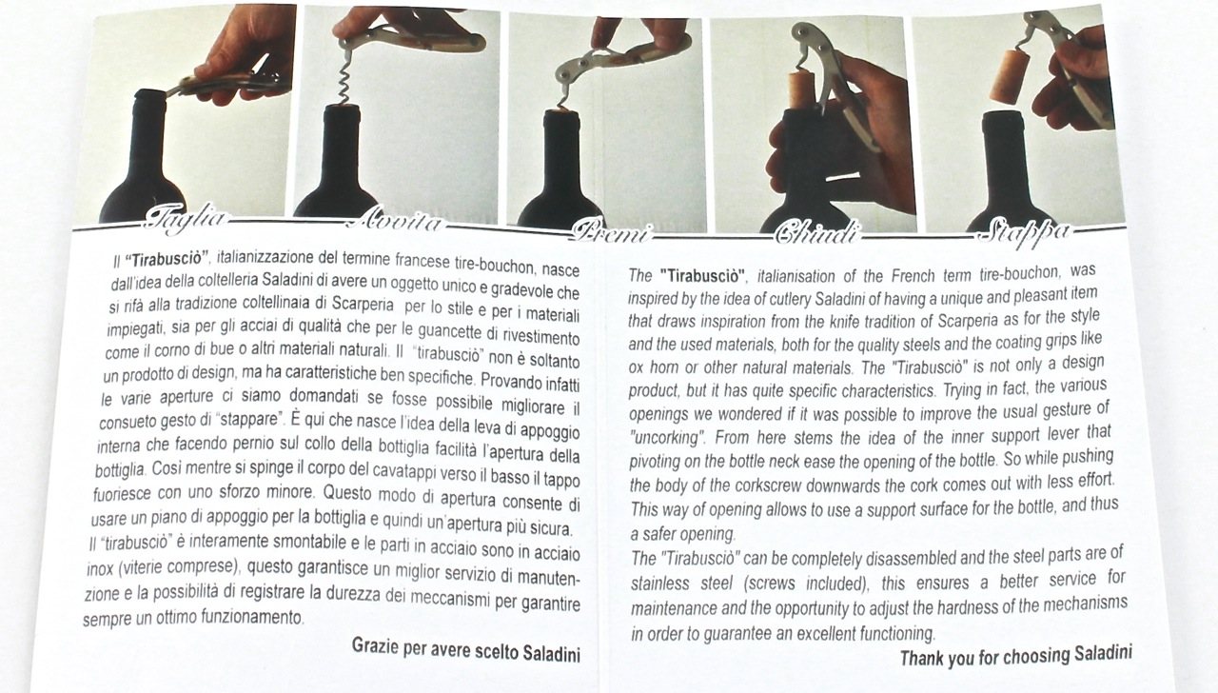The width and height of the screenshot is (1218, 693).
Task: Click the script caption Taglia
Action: pos(186,220)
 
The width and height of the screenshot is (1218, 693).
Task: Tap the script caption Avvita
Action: pos(395,222)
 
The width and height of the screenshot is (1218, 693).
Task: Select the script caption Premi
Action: pos(611,231)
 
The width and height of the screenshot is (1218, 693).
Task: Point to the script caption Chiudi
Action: pos(817,232)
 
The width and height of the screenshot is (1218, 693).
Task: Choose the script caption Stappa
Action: pos(1024,233)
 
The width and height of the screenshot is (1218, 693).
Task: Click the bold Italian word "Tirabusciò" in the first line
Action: pos(167,259)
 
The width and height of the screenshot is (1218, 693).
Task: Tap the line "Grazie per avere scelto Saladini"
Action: pos(465,649)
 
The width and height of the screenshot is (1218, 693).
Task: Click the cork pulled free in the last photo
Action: pos(1007,76)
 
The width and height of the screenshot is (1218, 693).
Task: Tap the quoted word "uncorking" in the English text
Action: pos(668,437)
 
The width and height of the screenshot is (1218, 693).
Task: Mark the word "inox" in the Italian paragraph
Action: pos(100,568)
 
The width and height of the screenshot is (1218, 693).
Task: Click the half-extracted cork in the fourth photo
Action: pos(801,89)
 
